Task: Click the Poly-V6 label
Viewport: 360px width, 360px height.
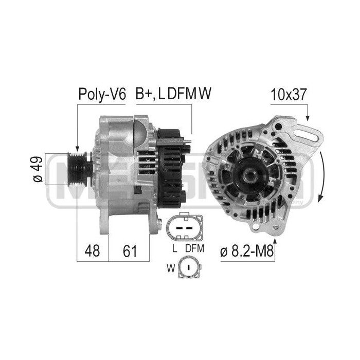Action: pyautogui.click(x=101, y=94)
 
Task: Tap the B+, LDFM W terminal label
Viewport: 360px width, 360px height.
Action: pyautogui.click(x=174, y=94)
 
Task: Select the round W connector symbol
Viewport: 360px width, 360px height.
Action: pyautogui.click(x=189, y=268)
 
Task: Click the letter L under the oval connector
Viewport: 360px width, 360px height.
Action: pyautogui.click(x=175, y=248)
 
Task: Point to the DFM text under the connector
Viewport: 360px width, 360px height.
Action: pyautogui.click(x=195, y=248)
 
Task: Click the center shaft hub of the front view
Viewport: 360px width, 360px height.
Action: pyautogui.click(x=250, y=175)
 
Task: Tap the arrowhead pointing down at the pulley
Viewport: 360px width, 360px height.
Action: pyautogui.click(x=77, y=148)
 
